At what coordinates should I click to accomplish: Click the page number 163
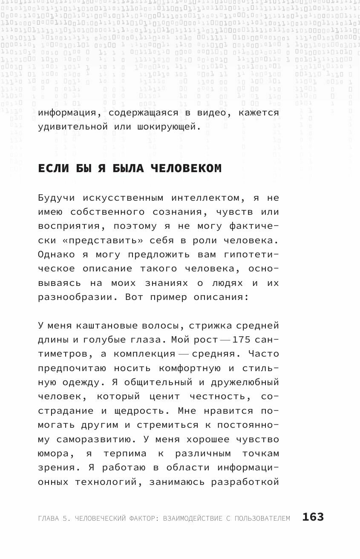click(x=313, y=517)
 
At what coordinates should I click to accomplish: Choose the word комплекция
click(x=145, y=354)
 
